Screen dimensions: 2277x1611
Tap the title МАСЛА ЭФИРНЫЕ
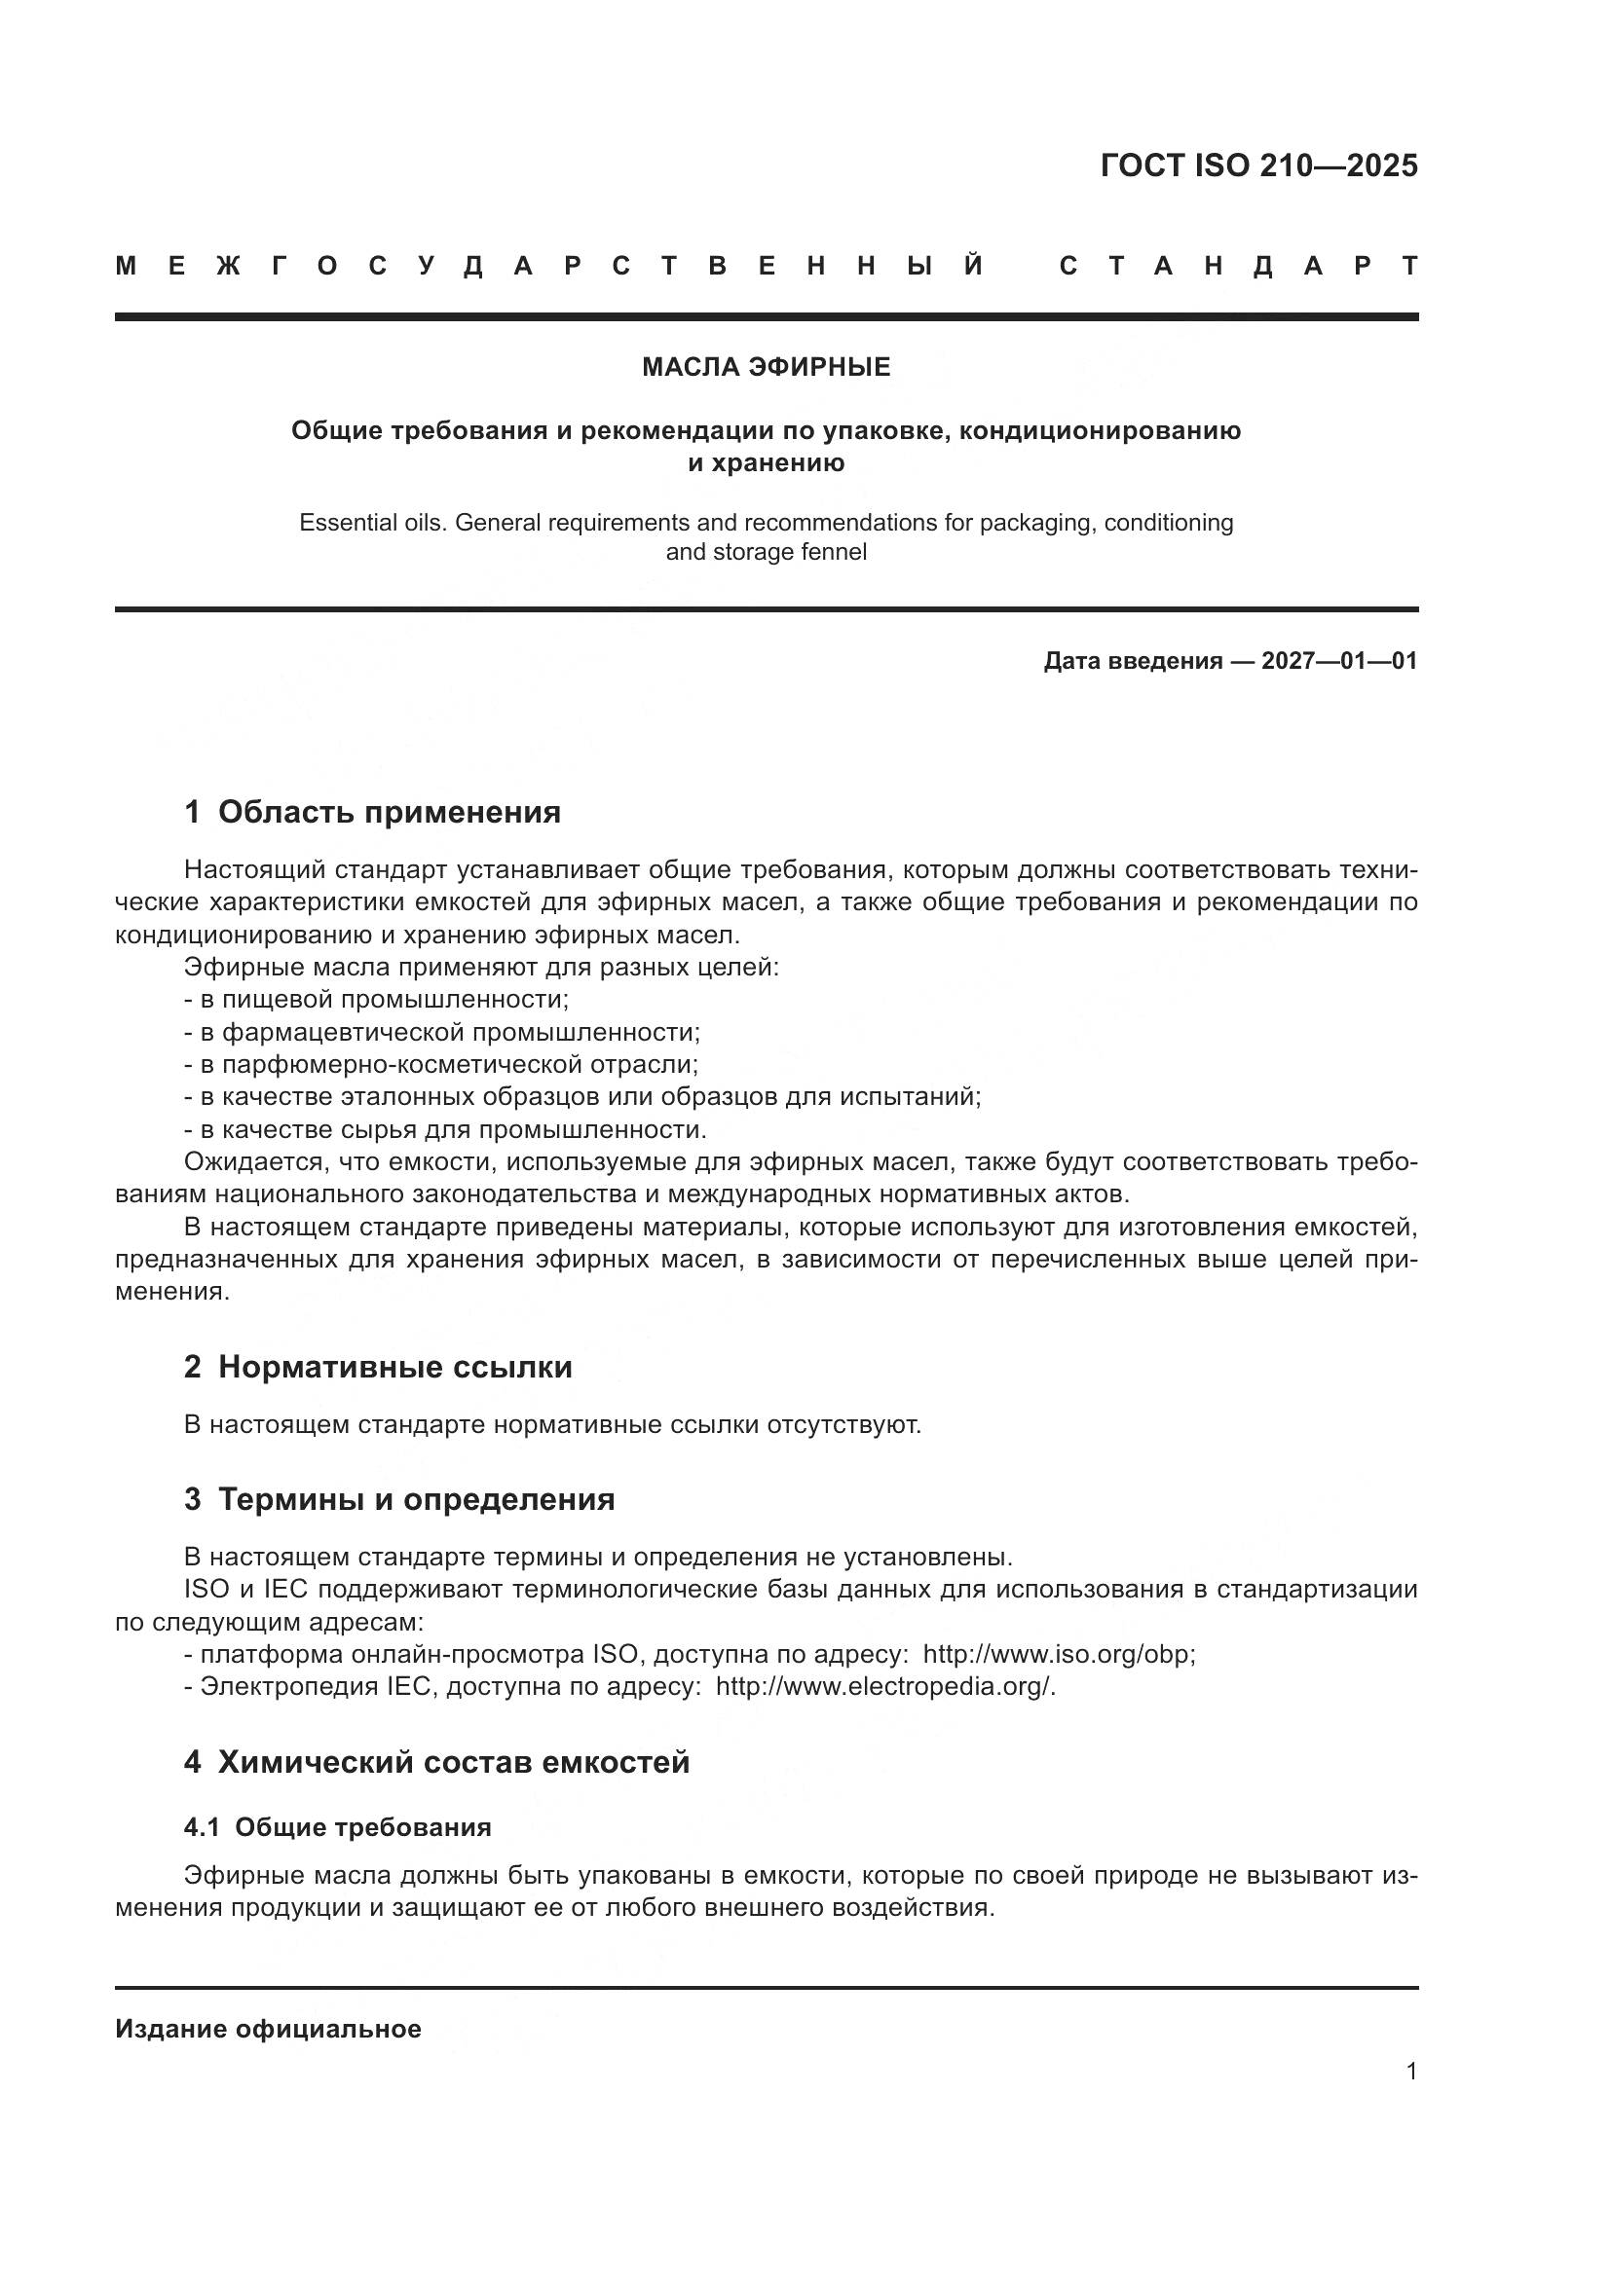(x=766, y=367)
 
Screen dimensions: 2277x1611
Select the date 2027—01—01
(x=1338, y=660)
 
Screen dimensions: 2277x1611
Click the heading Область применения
(x=389, y=812)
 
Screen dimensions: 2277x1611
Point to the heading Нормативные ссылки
(x=394, y=1367)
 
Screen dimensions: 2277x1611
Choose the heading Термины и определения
(x=416, y=1498)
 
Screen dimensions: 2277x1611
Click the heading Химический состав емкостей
(x=453, y=1761)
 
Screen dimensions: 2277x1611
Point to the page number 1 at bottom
(x=1410, y=2071)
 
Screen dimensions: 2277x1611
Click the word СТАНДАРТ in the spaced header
(x=1238, y=266)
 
